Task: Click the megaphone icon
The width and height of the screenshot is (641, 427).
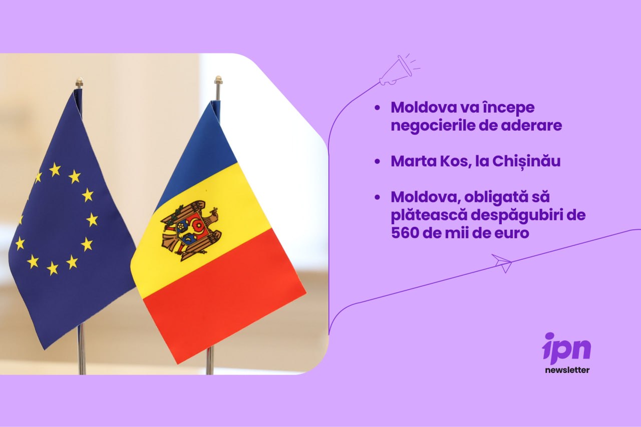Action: point(398,70)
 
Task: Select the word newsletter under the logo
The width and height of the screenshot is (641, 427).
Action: point(567,370)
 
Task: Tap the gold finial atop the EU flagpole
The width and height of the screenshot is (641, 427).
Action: point(79,82)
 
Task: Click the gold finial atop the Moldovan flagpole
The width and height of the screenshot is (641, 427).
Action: point(218,80)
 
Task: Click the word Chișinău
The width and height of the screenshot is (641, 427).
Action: point(526,162)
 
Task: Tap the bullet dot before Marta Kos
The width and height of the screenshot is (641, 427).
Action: point(378,162)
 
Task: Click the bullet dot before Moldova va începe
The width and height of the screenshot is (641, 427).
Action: point(378,108)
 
